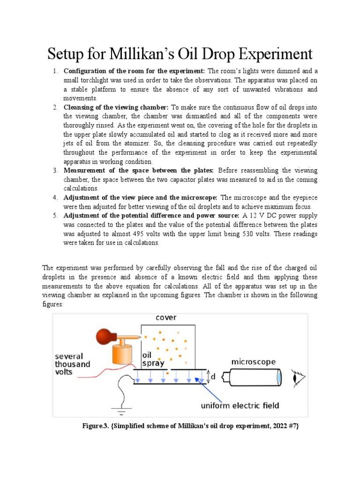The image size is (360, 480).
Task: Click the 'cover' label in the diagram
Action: click(x=166, y=318)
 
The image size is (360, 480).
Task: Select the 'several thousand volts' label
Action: click(x=74, y=364)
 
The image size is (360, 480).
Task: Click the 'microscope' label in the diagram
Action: click(x=253, y=362)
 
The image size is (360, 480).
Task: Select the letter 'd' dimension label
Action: click(x=213, y=376)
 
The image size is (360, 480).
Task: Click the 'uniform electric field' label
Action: click(x=240, y=405)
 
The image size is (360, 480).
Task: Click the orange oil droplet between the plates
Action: click(x=167, y=374)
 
